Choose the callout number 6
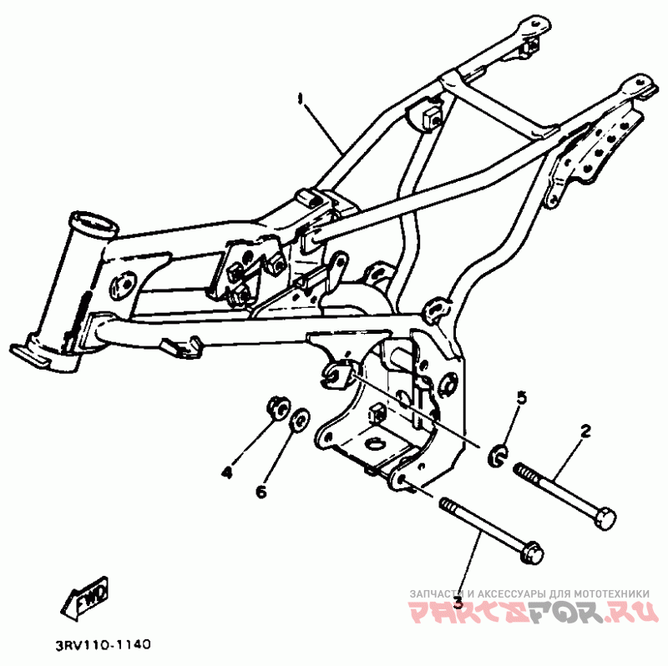coord(261,492)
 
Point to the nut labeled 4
coord(276,408)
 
